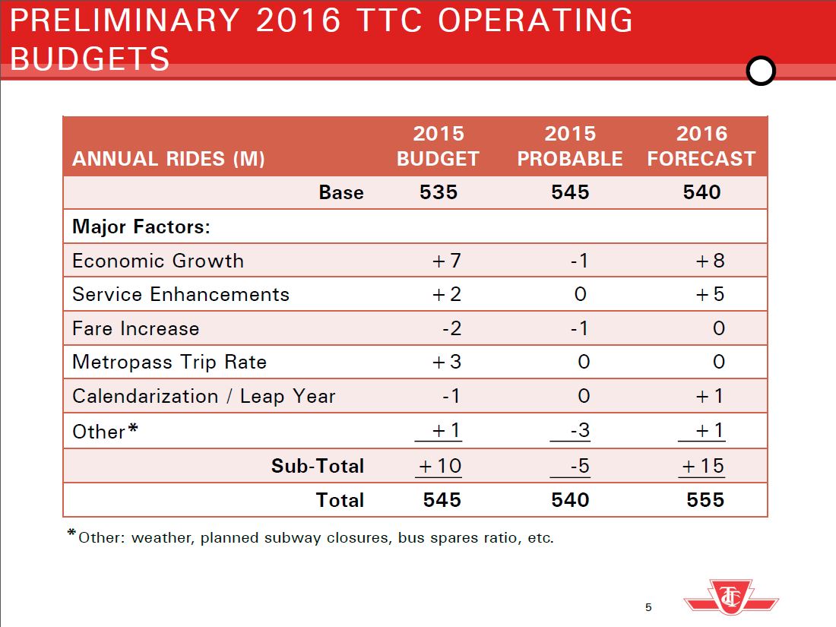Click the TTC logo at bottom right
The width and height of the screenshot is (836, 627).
[731, 597]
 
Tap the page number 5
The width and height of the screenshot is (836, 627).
[648, 606]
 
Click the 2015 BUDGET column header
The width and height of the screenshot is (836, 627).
[439, 146]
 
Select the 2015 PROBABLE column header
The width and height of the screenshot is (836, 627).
[570, 146]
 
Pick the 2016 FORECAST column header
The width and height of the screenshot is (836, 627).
[701, 146]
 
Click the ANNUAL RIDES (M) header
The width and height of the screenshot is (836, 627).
[169, 159]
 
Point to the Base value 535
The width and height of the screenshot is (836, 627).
[439, 192]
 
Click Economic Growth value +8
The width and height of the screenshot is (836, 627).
[710, 261]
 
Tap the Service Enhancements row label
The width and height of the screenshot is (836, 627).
[181, 294]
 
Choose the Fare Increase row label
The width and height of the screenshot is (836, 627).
[136, 328]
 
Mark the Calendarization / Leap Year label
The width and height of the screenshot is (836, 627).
[204, 396]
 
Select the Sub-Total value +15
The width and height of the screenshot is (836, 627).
[703, 465]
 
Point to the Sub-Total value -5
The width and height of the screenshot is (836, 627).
[579, 465]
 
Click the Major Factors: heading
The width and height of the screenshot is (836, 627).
[141, 226]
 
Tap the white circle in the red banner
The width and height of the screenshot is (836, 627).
[761, 71]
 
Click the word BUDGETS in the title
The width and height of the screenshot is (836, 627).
[90, 59]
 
